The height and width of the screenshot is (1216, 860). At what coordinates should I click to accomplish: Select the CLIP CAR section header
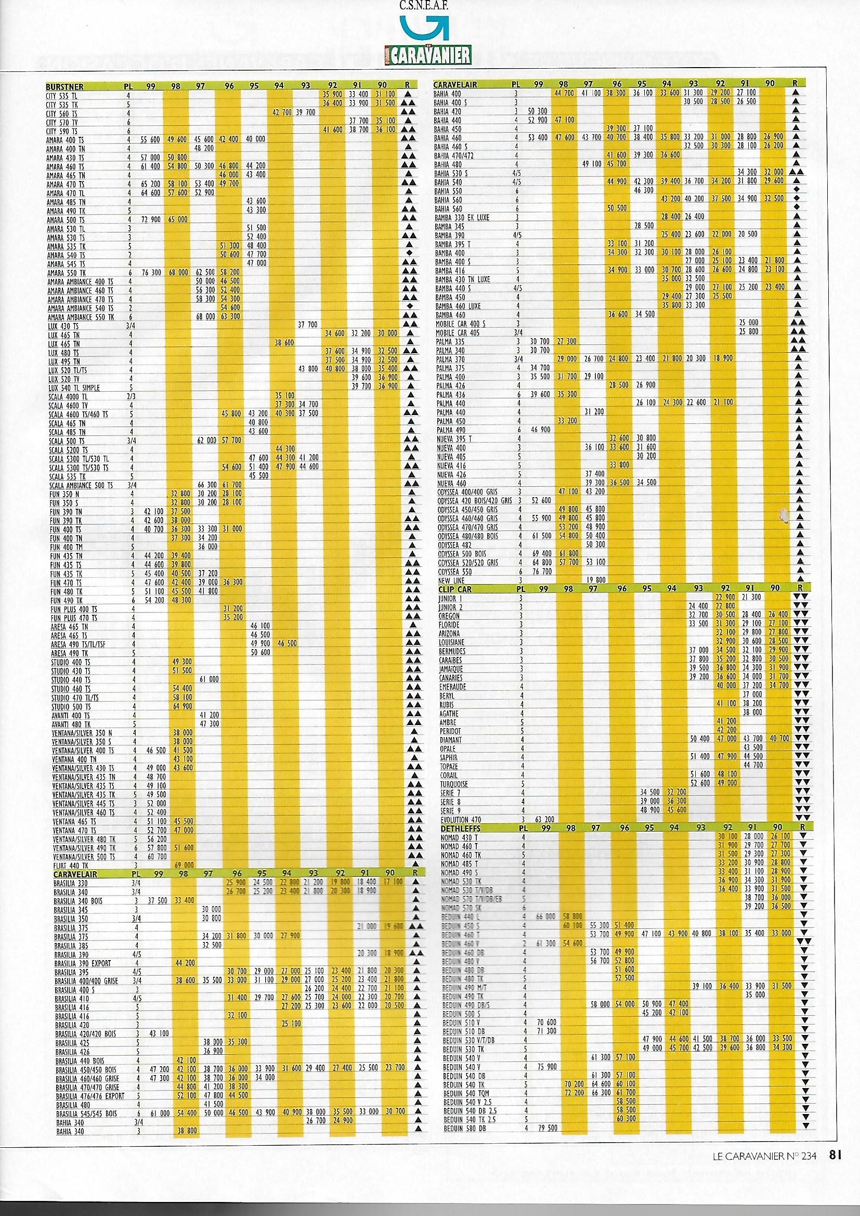point(455,588)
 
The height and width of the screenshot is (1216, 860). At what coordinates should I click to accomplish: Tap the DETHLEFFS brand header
point(459,827)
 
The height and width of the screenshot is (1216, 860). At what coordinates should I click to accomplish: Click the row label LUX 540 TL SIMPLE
point(74,387)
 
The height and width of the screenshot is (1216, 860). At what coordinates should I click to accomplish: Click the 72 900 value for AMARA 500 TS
point(151,219)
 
